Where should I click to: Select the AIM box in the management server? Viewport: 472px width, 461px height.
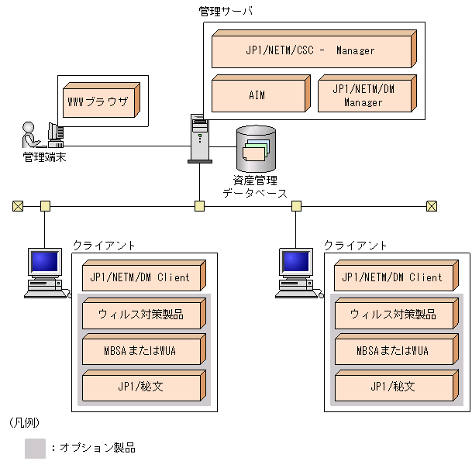258,95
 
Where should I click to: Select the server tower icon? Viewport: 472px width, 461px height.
199,138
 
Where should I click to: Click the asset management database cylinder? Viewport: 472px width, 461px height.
256,148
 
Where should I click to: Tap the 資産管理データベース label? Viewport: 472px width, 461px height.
255,187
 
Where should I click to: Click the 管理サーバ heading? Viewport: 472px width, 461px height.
226,11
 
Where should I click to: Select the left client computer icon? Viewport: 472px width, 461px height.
44,272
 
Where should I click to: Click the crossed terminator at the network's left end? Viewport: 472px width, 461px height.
18,206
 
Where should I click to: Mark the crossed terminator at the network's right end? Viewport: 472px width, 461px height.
432,206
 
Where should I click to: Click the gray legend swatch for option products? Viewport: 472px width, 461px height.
35,448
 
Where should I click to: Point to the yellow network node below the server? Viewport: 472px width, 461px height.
199,206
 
